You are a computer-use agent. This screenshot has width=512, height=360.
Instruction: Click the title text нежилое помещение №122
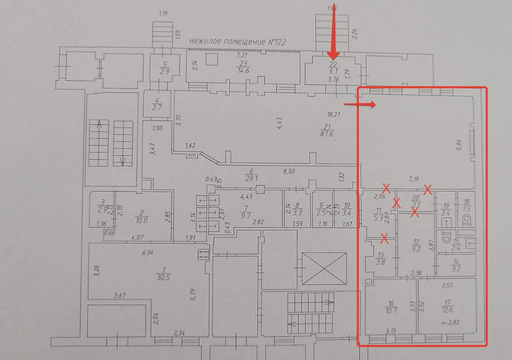(x=241, y=42)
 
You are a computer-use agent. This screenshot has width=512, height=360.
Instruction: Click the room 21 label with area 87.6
(x=326, y=129)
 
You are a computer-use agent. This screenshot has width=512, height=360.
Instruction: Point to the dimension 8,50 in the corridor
(x=289, y=171)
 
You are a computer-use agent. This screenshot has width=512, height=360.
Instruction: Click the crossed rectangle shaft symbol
(x=324, y=268)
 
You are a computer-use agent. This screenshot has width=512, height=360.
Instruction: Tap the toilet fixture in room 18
(x=466, y=220)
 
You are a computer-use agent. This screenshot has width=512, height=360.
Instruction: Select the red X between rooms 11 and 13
(x=384, y=239)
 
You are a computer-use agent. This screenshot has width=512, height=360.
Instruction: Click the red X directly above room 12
(x=415, y=212)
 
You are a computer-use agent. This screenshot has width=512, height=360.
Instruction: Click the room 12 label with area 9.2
(x=416, y=246)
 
